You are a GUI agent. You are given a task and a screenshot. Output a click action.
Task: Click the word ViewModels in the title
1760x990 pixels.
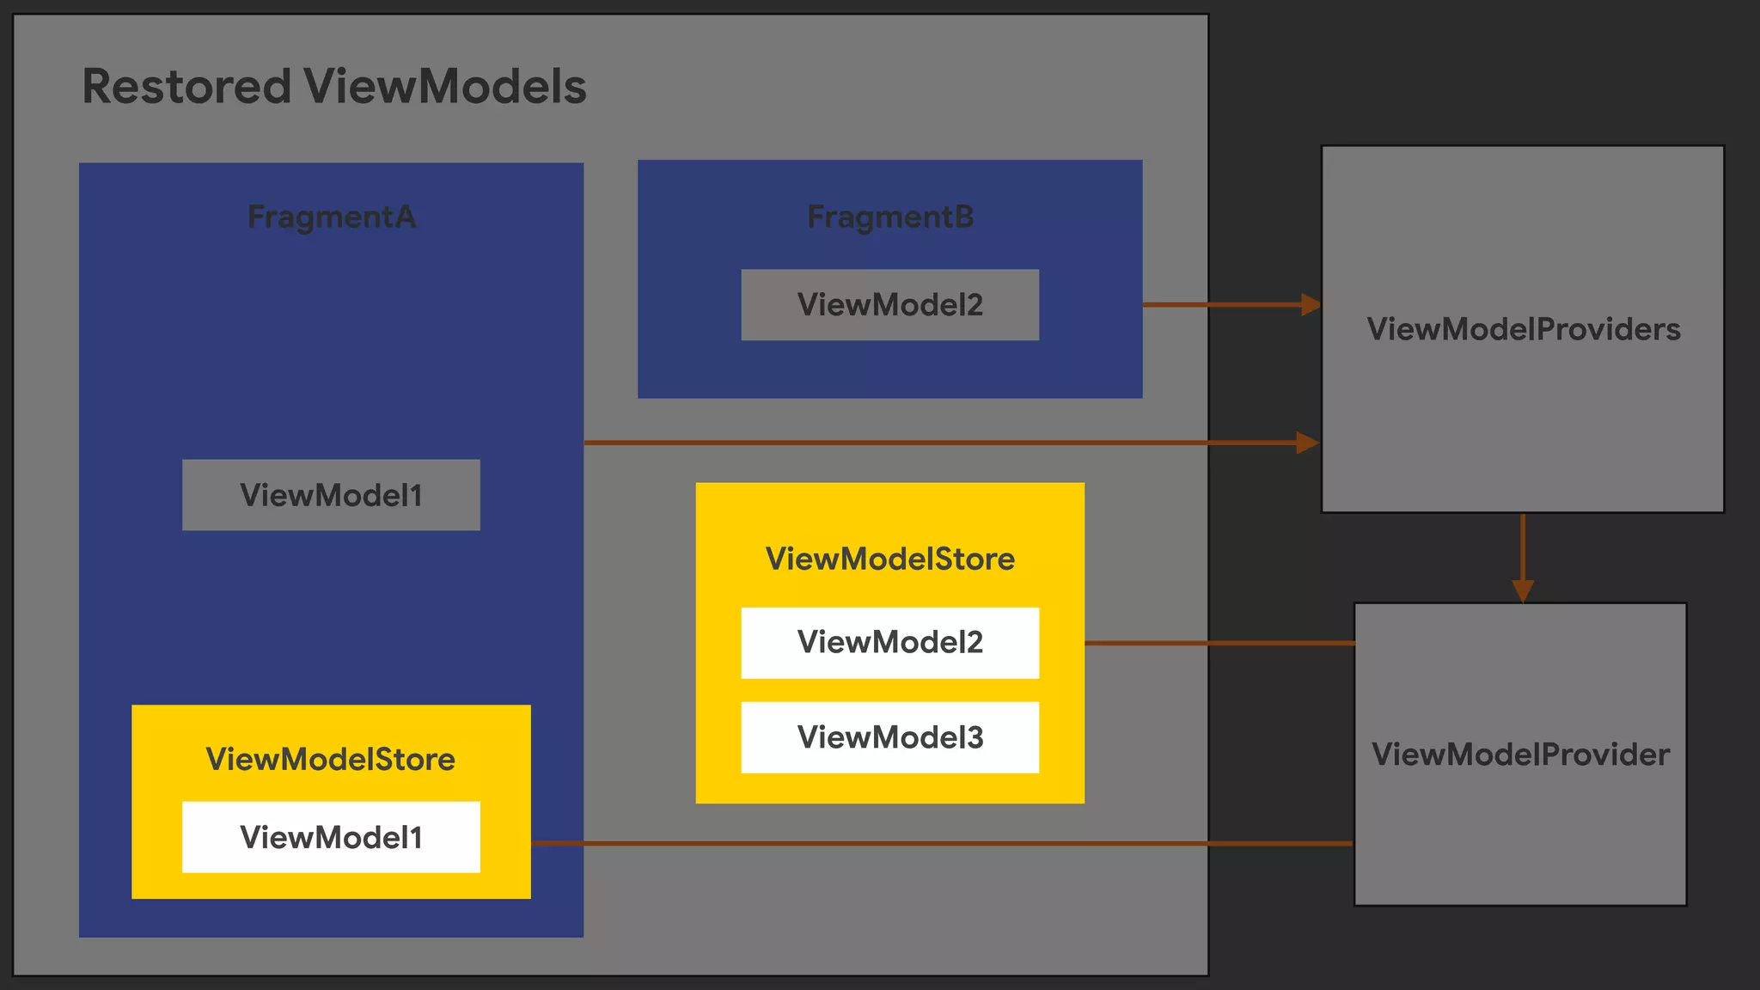pos(444,87)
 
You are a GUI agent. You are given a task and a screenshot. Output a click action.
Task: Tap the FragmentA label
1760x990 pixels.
pos(331,217)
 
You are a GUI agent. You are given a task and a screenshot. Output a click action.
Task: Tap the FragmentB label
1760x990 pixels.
pos(889,217)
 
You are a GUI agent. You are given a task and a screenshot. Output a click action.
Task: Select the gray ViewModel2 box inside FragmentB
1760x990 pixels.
pos(889,305)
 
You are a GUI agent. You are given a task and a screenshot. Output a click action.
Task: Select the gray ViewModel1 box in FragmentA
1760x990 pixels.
pos(331,495)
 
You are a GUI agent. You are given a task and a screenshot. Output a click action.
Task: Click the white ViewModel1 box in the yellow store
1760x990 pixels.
pos(331,837)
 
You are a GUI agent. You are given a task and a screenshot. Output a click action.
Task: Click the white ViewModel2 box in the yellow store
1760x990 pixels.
pos(889,643)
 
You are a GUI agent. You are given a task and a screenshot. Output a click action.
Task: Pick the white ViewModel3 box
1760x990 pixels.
pos(889,737)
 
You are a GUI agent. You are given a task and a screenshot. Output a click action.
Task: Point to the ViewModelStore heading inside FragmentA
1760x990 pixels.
pos(331,759)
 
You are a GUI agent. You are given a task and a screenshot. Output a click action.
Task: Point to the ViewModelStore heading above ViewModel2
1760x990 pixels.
pos(889,559)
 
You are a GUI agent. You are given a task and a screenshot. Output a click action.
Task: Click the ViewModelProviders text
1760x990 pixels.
pos(1523,329)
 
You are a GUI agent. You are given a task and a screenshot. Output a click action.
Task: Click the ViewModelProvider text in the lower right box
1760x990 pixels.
pos(1520,755)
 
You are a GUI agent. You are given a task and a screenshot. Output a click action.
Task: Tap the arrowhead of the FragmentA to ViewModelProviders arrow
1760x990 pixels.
pos(1307,443)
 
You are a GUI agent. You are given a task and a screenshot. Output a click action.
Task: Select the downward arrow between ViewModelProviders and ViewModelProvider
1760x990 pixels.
pos(1523,559)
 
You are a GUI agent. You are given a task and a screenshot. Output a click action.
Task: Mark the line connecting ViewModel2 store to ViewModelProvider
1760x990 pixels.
pos(1220,643)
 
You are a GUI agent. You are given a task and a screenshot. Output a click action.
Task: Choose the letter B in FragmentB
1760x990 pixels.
pos(964,217)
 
